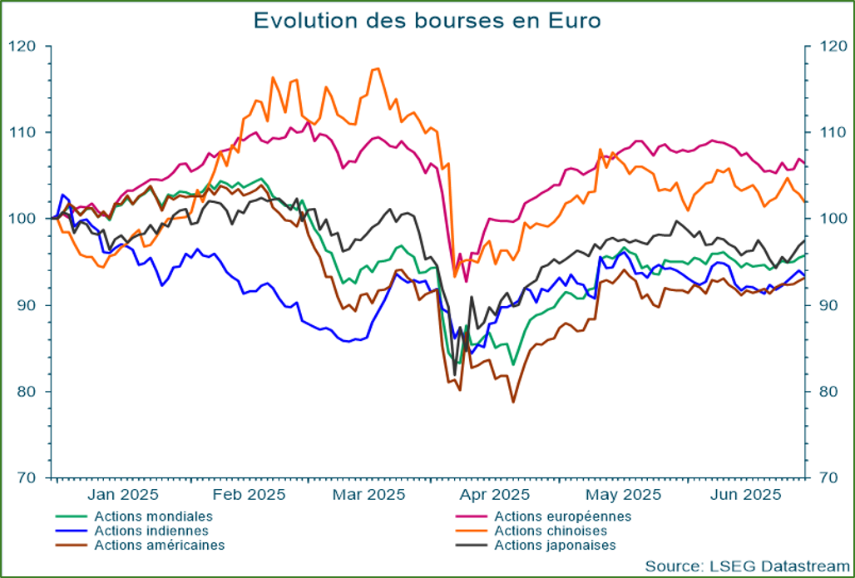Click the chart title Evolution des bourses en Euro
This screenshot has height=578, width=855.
(x=427, y=20)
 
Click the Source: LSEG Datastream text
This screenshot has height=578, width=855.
(x=743, y=566)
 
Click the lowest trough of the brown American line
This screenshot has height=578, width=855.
(x=513, y=403)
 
